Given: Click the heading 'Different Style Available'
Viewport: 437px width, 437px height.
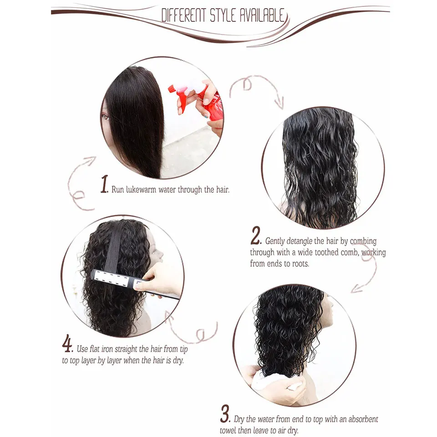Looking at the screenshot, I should tap(223, 16).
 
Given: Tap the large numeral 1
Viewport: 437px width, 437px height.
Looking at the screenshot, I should tap(104, 185).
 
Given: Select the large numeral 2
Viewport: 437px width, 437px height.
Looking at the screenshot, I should tap(255, 237).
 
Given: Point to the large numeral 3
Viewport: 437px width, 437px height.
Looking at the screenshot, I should tap(225, 415).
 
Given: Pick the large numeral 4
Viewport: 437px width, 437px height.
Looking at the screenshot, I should tap(67, 344).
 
